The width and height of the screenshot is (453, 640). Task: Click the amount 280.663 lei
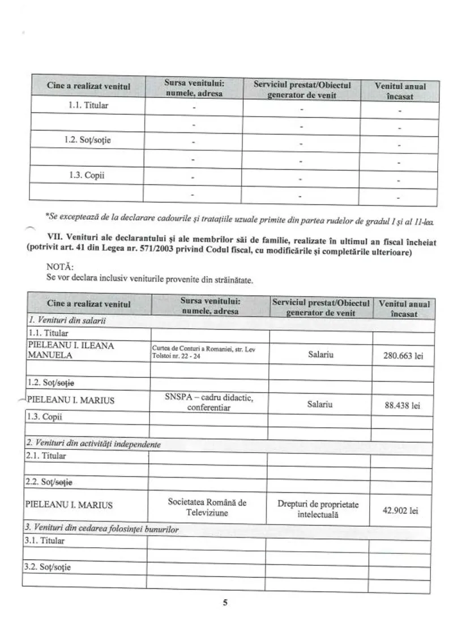coord(404,356)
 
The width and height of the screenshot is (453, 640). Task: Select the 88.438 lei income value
coord(404,405)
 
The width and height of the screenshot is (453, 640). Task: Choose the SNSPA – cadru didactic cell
coord(208,402)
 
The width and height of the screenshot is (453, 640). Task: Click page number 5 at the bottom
coord(225,603)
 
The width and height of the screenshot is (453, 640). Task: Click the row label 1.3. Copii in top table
coord(88,175)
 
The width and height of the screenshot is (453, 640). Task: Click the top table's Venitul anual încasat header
coord(400,91)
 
